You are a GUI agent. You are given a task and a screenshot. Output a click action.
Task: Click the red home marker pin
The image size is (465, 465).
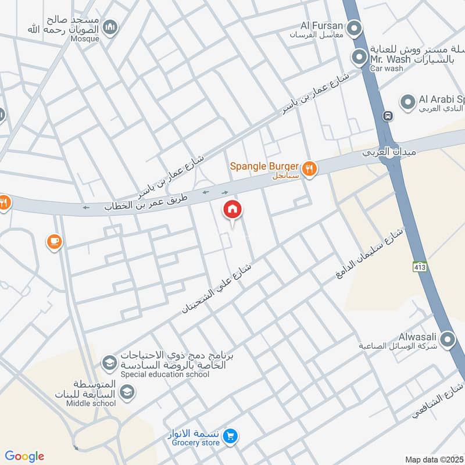pos(233,210)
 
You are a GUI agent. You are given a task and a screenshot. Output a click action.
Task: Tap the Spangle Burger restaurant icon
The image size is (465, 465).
pos(310,169)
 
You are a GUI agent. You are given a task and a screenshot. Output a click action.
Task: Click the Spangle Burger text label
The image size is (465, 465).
pos(264,166)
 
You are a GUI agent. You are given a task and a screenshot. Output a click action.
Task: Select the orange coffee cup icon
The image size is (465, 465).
pos(54,241)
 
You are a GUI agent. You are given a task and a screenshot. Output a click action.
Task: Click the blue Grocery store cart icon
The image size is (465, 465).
pos(231,435)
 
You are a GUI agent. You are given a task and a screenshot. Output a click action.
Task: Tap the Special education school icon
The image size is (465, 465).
pos(109,364)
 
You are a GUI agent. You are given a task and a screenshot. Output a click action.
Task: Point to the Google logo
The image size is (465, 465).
pos(24,456)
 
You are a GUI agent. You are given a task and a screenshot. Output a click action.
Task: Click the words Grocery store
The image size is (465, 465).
pos(195,443)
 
